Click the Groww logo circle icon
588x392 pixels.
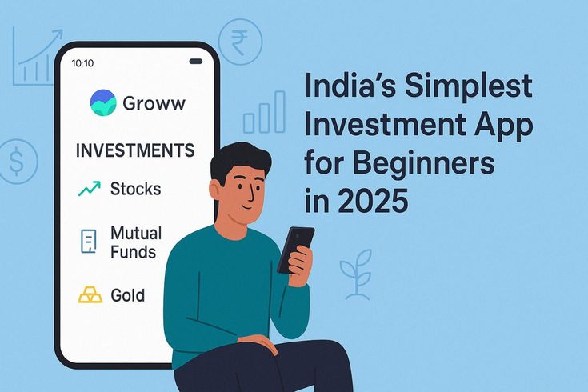click(x=102, y=103)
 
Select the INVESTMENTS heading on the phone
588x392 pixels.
click(x=134, y=150)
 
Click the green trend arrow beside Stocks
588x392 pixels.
click(x=89, y=189)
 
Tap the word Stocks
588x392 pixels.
click(x=135, y=189)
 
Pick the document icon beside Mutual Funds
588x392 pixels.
click(x=89, y=242)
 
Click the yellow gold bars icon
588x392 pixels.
click(x=90, y=295)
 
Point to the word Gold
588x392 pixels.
click(x=128, y=295)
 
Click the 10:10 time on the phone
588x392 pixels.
click(x=82, y=62)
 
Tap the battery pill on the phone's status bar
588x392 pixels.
click(x=195, y=62)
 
